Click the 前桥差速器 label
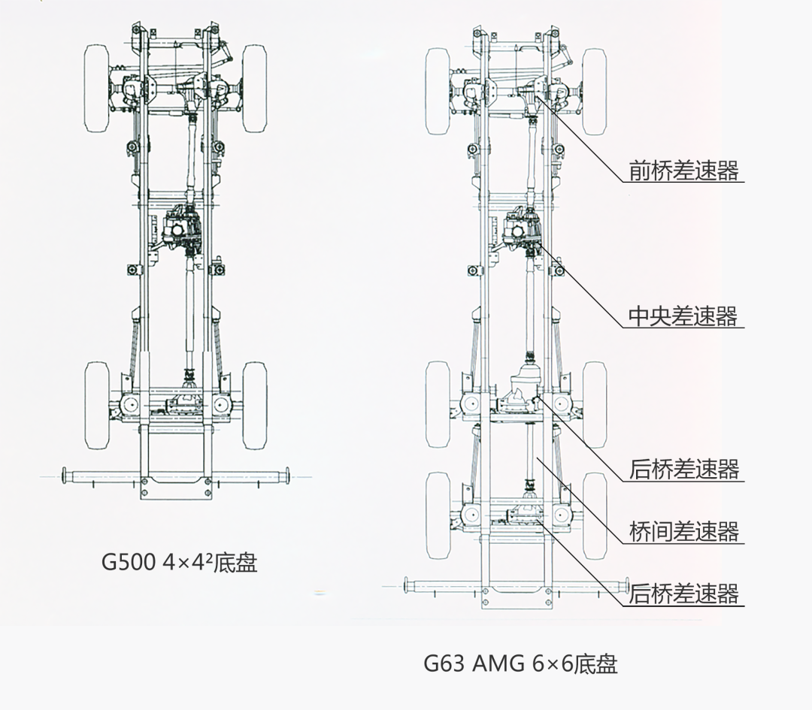pos(684,171)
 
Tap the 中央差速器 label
pos(684,316)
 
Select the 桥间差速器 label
pos(684,532)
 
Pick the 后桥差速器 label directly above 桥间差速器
pos(684,470)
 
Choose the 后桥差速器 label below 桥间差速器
pos(684,594)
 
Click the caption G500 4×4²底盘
pos(180,563)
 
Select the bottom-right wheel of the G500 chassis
pos(255,405)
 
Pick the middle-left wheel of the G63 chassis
pos(438,405)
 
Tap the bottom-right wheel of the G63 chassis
pos(595,515)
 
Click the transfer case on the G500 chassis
pos(183,228)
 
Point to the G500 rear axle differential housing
pos(183,402)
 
